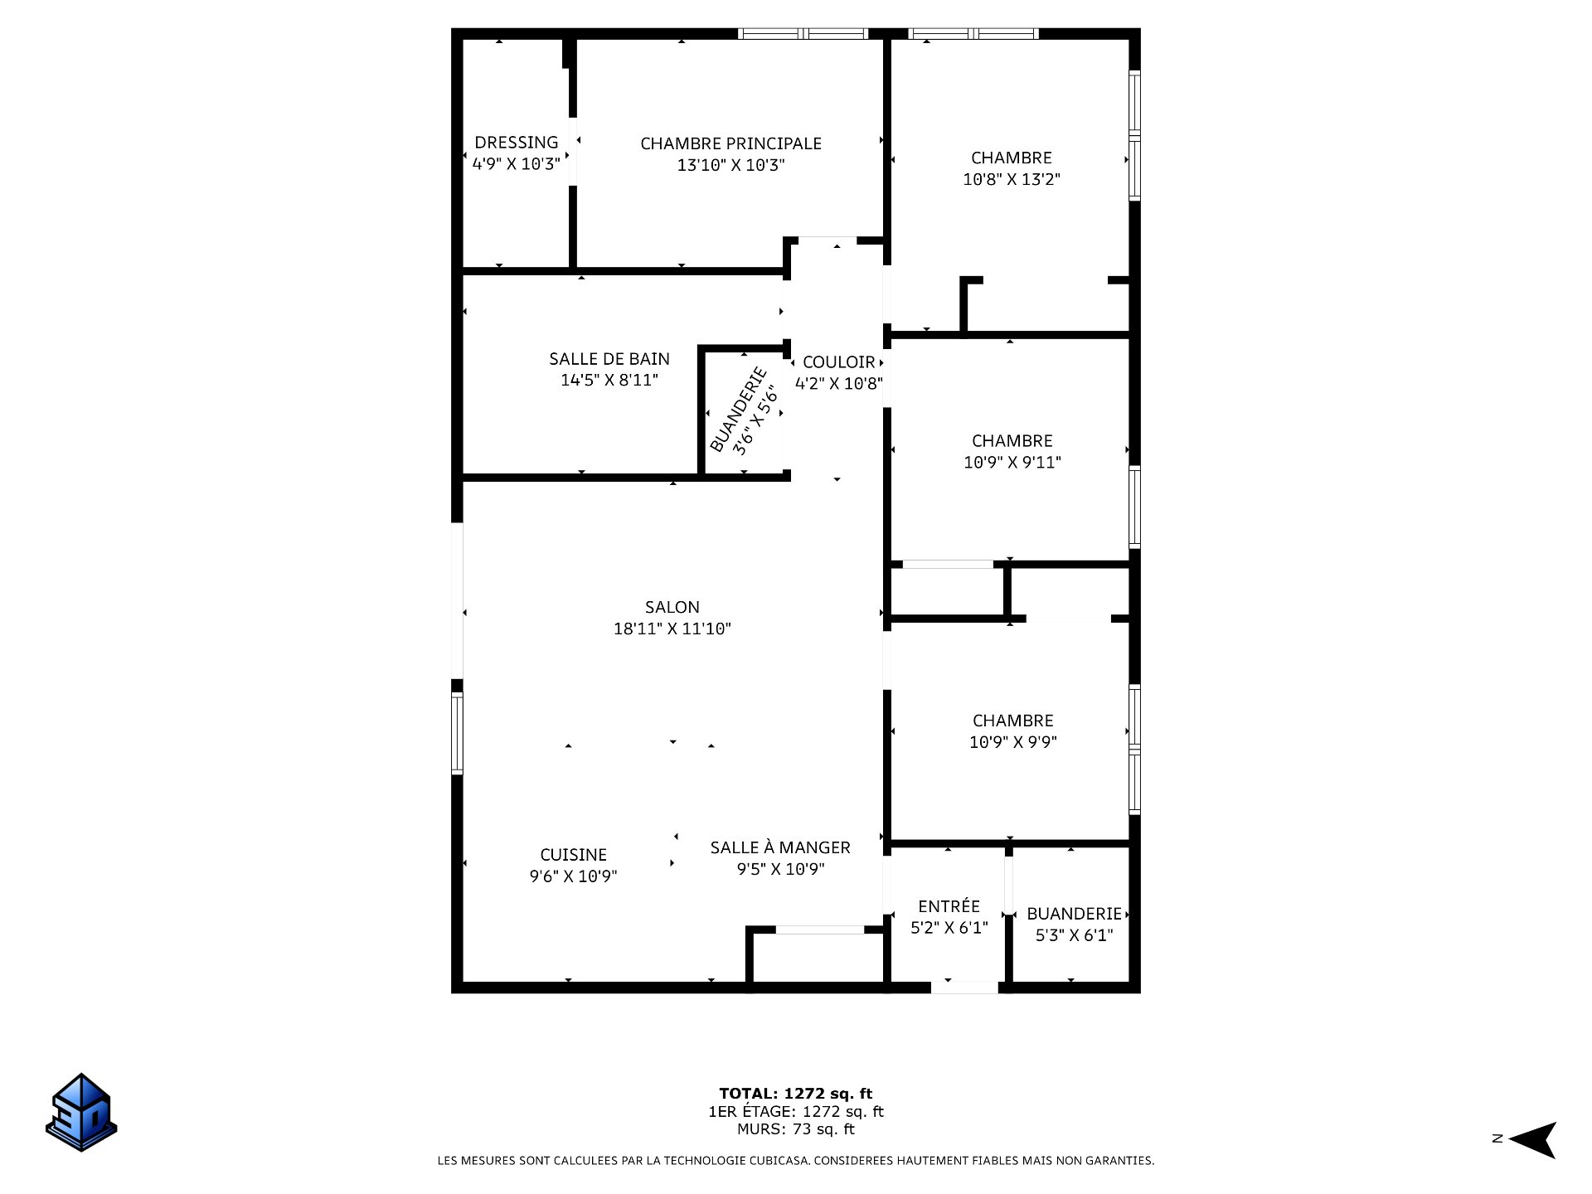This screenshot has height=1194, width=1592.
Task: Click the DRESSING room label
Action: [516, 143]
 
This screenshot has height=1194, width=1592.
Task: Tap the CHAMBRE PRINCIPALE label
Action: [730, 143]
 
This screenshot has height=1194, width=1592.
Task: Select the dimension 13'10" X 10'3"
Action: [730, 165]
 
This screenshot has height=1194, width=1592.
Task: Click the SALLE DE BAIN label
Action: [609, 359]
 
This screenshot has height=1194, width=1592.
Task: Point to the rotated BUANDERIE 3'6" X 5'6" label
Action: [745, 410]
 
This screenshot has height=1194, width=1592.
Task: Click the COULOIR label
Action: [838, 362]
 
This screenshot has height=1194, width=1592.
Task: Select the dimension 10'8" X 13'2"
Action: [1011, 179]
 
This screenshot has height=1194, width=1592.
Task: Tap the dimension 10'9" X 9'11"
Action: [1012, 463]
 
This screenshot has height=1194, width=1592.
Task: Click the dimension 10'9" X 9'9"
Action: [1012, 742]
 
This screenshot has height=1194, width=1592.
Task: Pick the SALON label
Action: [672, 607]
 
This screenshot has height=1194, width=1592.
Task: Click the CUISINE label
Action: [573, 855]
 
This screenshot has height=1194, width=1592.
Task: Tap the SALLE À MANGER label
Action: [779, 847]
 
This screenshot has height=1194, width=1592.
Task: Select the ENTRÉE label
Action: [949, 906]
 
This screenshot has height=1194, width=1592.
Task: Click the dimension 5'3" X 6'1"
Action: [1074, 935]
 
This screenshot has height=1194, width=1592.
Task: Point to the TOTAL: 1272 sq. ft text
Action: [795, 1094]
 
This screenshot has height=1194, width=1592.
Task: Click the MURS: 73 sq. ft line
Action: [795, 1129]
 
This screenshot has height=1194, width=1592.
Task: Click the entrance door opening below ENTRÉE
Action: [964, 987]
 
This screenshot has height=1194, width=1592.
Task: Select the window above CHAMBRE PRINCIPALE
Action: [803, 34]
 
